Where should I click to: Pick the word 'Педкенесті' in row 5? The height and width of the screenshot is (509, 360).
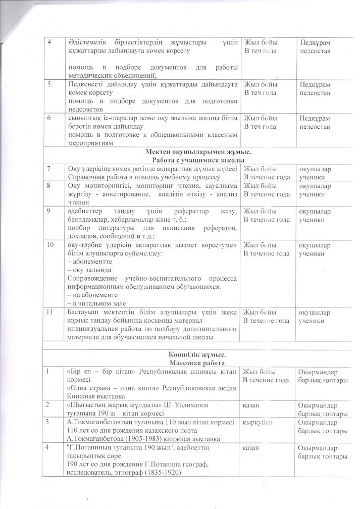[x=86, y=85]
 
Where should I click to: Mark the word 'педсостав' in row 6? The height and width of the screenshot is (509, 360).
[x=315, y=126]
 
